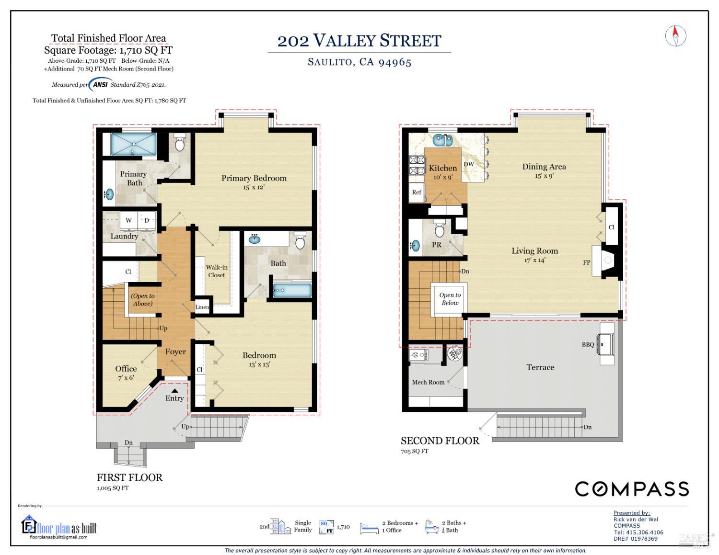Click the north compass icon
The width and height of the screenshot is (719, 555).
(676, 36)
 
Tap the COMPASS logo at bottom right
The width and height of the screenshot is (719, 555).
(632, 489)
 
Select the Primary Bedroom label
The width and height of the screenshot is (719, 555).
(254, 181)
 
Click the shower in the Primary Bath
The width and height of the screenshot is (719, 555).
(134, 144)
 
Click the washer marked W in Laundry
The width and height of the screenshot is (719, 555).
(128, 221)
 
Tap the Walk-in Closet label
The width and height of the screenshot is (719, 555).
(217, 271)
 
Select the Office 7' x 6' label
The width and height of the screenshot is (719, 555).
(126, 372)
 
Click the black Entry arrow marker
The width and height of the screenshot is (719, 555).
(175, 391)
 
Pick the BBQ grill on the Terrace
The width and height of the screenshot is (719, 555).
(607, 344)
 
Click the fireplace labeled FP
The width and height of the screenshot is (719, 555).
(606, 261)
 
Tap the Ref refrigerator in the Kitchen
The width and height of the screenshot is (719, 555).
(417, 192)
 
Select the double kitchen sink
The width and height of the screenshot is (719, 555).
(442, 140)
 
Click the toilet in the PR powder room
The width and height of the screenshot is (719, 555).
(439, 229)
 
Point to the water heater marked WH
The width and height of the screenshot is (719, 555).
(453, 354)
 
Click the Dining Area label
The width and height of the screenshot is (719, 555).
(544, 170)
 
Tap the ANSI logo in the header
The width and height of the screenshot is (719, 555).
(100, 85)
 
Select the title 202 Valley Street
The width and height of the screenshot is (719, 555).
(359, 41)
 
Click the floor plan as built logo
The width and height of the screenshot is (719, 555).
(59, 528)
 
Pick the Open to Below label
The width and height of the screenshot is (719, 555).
(450, 299)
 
